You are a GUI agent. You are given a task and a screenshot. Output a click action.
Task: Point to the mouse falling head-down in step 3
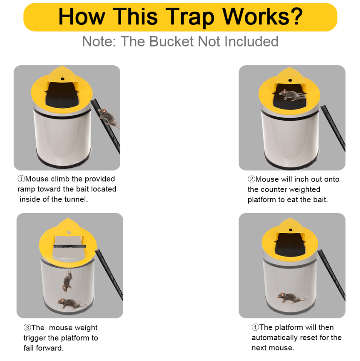tap(67, 279)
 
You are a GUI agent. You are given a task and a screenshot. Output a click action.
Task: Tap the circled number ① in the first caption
tap(21, 179)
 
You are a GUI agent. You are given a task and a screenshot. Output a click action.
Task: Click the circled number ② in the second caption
tap(251, 179)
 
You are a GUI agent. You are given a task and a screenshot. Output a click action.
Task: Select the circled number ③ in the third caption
tap(27, 328)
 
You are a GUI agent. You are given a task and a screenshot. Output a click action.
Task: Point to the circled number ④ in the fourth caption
tap(255, 327)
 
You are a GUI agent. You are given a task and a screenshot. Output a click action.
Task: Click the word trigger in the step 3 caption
tap(35, 338)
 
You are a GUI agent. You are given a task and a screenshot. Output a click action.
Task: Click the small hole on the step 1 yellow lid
tap(62, 79)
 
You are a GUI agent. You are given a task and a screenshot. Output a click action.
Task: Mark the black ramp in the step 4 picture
tap(331, 273)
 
